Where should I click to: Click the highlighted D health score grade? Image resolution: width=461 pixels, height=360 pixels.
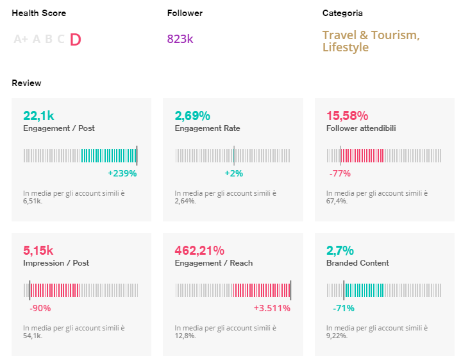pos(75,40)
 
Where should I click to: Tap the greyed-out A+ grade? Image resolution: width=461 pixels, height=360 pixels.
pos(21,40)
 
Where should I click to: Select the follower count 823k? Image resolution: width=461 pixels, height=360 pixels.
pos(180,39)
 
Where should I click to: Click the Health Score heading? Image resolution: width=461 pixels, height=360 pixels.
pos(38,13)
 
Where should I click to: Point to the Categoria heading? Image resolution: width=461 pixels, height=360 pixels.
pos(342,13)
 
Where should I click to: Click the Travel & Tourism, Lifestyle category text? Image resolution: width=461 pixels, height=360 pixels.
pos(371,41)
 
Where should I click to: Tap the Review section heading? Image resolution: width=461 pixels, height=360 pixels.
pos(26,83)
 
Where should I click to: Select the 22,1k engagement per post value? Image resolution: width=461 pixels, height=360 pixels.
pos(38,116)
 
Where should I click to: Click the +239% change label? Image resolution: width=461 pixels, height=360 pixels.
pos(122,173)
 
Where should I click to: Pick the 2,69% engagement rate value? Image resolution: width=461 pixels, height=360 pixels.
pos(192,116)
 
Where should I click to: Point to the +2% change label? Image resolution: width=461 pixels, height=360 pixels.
pos(233,173)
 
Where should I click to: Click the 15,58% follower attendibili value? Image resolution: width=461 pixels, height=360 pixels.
pos(347,116)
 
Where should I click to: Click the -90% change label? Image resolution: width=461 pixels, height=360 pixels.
pos(40,308)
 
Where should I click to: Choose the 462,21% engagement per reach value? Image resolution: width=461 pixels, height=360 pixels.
pos(199,250)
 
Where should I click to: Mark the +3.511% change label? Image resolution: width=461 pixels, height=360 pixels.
pos(272,308)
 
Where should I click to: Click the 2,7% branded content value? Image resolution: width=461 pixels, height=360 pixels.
pos(340,250)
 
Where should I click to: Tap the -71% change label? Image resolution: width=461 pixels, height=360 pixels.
pos(343,308)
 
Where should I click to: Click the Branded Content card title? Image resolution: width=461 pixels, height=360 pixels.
pos(357,263)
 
